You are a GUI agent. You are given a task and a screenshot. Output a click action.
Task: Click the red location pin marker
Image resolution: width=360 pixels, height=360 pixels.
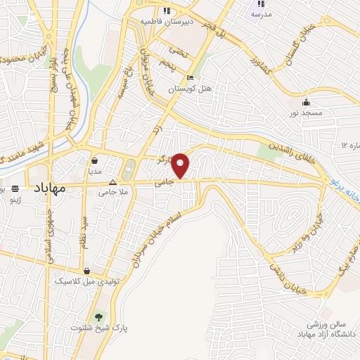coord(181,165)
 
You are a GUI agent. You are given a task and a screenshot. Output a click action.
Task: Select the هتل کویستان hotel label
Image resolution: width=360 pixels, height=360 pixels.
coord(188,89)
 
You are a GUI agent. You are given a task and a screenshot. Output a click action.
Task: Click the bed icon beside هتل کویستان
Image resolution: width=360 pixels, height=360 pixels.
coord(190,78)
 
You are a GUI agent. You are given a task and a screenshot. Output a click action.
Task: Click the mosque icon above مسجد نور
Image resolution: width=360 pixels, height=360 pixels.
coord(306,101)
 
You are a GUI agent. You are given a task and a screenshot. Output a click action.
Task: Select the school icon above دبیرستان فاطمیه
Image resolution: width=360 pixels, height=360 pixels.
coord(167,11)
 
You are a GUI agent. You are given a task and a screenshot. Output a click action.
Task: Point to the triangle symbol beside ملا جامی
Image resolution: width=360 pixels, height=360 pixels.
coord(122,182)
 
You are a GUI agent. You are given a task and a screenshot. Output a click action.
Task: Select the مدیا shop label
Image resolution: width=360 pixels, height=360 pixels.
coord(95,171)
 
